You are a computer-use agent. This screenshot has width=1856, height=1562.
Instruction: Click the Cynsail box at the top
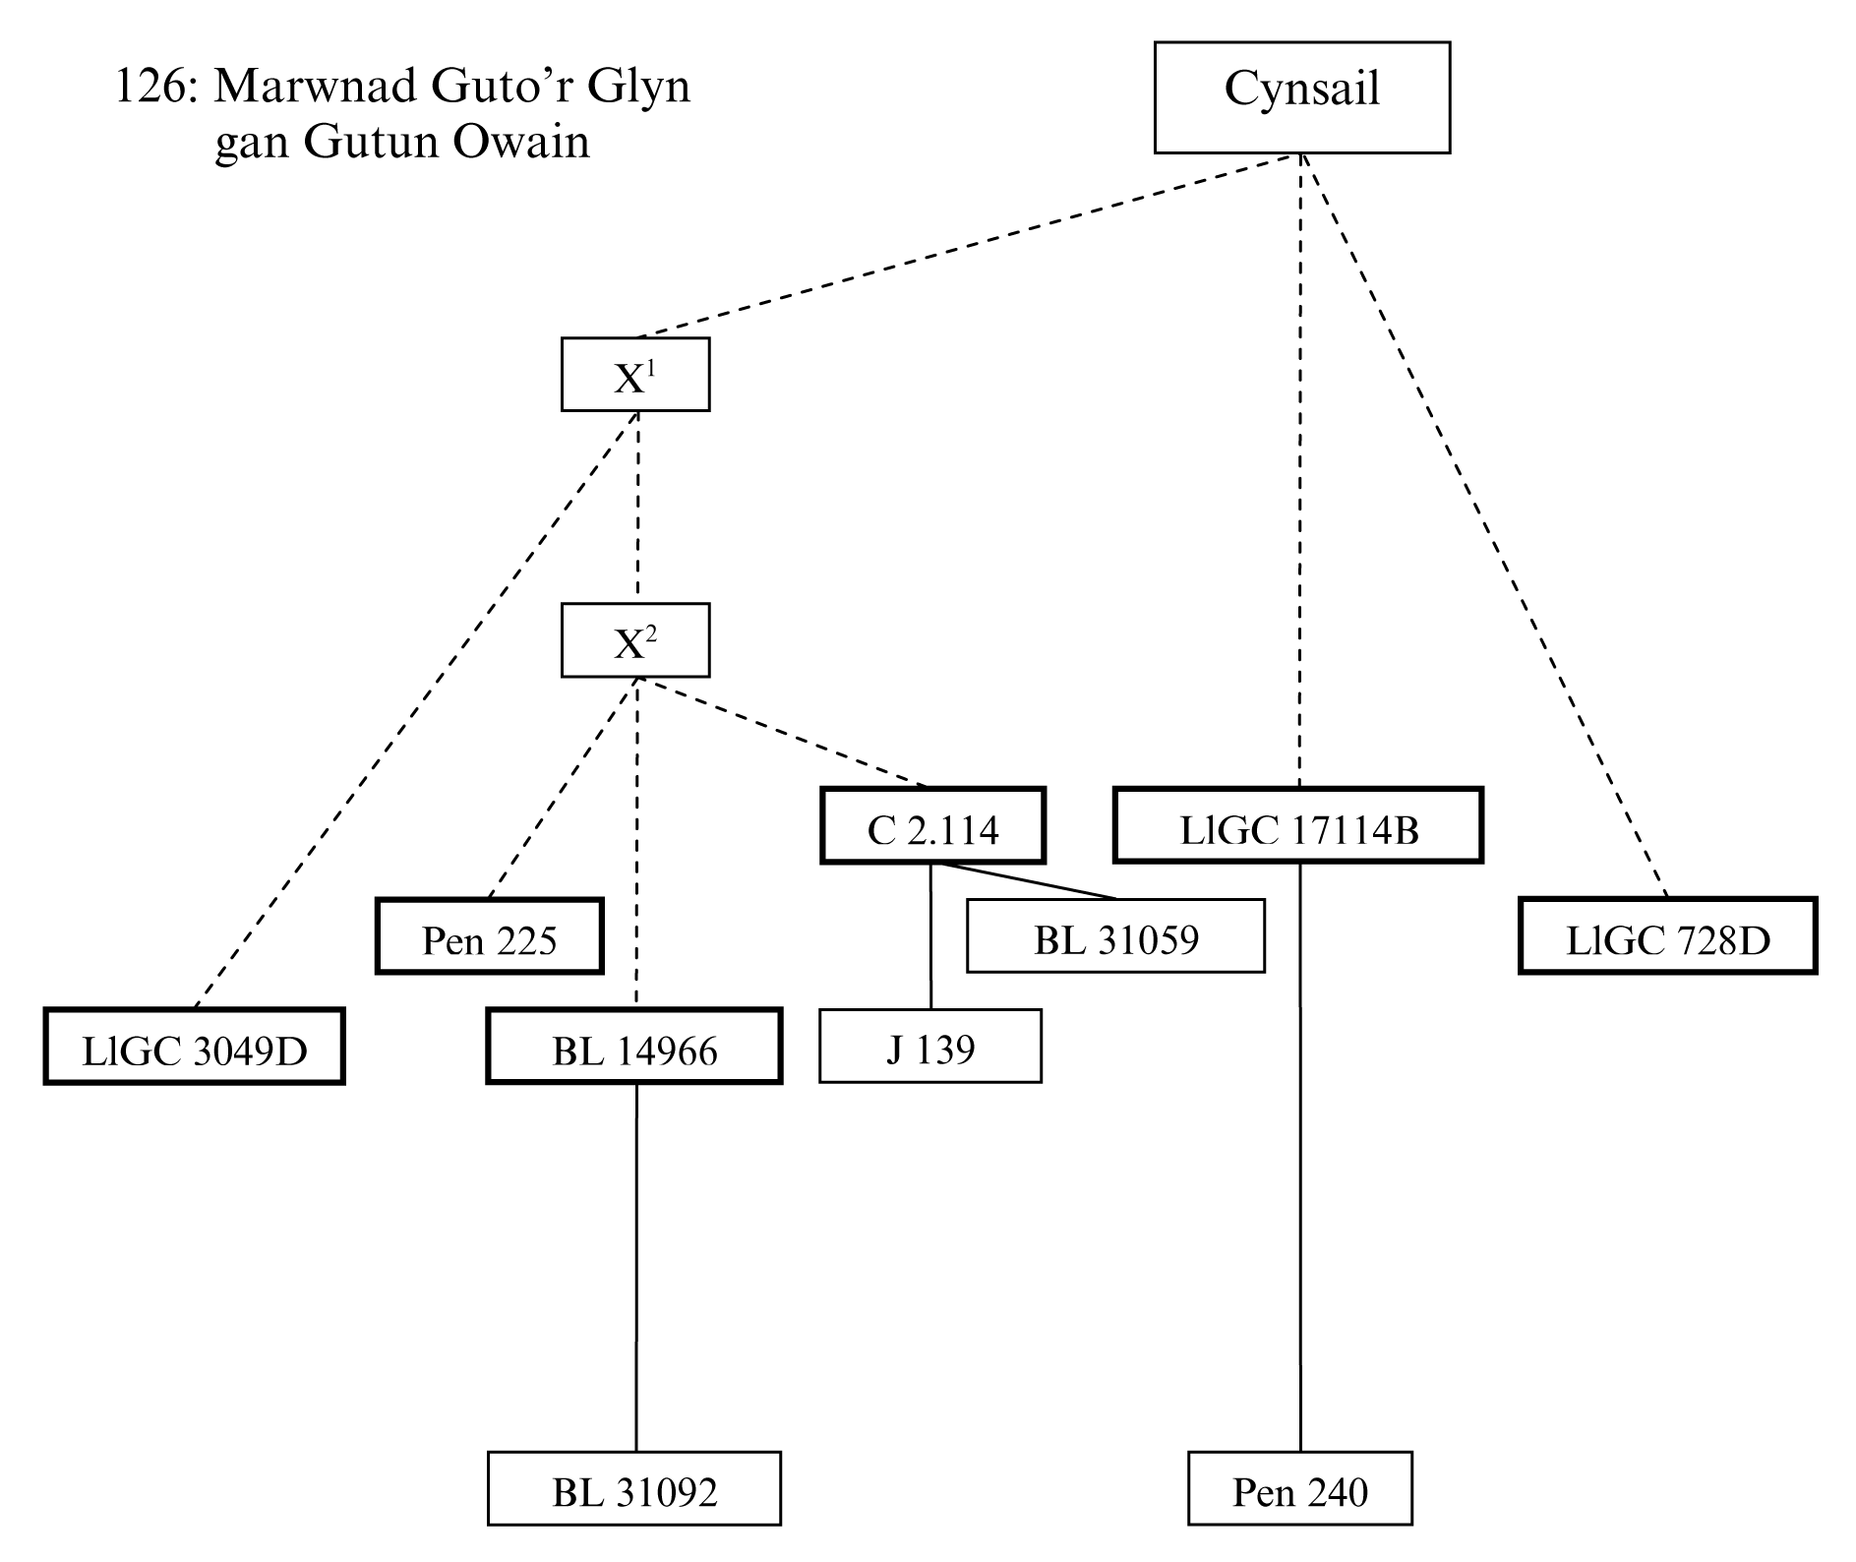coord(1301,97)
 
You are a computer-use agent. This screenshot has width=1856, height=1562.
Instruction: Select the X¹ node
coord(634,375)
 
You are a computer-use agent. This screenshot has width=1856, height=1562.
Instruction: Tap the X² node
coord(634,640)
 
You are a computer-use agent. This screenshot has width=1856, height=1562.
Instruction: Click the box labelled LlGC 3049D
coord(194,1047)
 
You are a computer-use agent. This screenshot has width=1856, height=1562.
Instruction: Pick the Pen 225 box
coord(489,936)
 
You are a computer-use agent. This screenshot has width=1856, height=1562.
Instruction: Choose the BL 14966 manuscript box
coord(634,1047)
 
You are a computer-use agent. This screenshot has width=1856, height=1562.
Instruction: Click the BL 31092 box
coord(634,1488)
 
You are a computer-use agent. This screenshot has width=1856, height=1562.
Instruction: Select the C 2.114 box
coord(932,826)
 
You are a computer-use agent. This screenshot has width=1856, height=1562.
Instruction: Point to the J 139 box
coord(929,1047)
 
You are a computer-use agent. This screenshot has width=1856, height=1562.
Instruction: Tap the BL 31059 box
coord(1115,936)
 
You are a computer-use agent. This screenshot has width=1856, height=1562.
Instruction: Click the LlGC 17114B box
coord(1298,826)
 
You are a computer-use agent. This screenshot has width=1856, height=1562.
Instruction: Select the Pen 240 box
coord(1299,1488)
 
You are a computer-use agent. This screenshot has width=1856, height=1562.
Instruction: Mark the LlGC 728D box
coord(1667,936)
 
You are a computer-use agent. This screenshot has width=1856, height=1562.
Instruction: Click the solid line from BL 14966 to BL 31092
coord(635,1269)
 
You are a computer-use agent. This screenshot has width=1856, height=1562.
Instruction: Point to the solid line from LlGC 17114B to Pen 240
coord(1300,1161)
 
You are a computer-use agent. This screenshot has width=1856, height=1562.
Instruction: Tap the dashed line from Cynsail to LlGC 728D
coord(1485,526)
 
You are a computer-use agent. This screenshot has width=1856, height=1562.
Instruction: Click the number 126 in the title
coord(150,88)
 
